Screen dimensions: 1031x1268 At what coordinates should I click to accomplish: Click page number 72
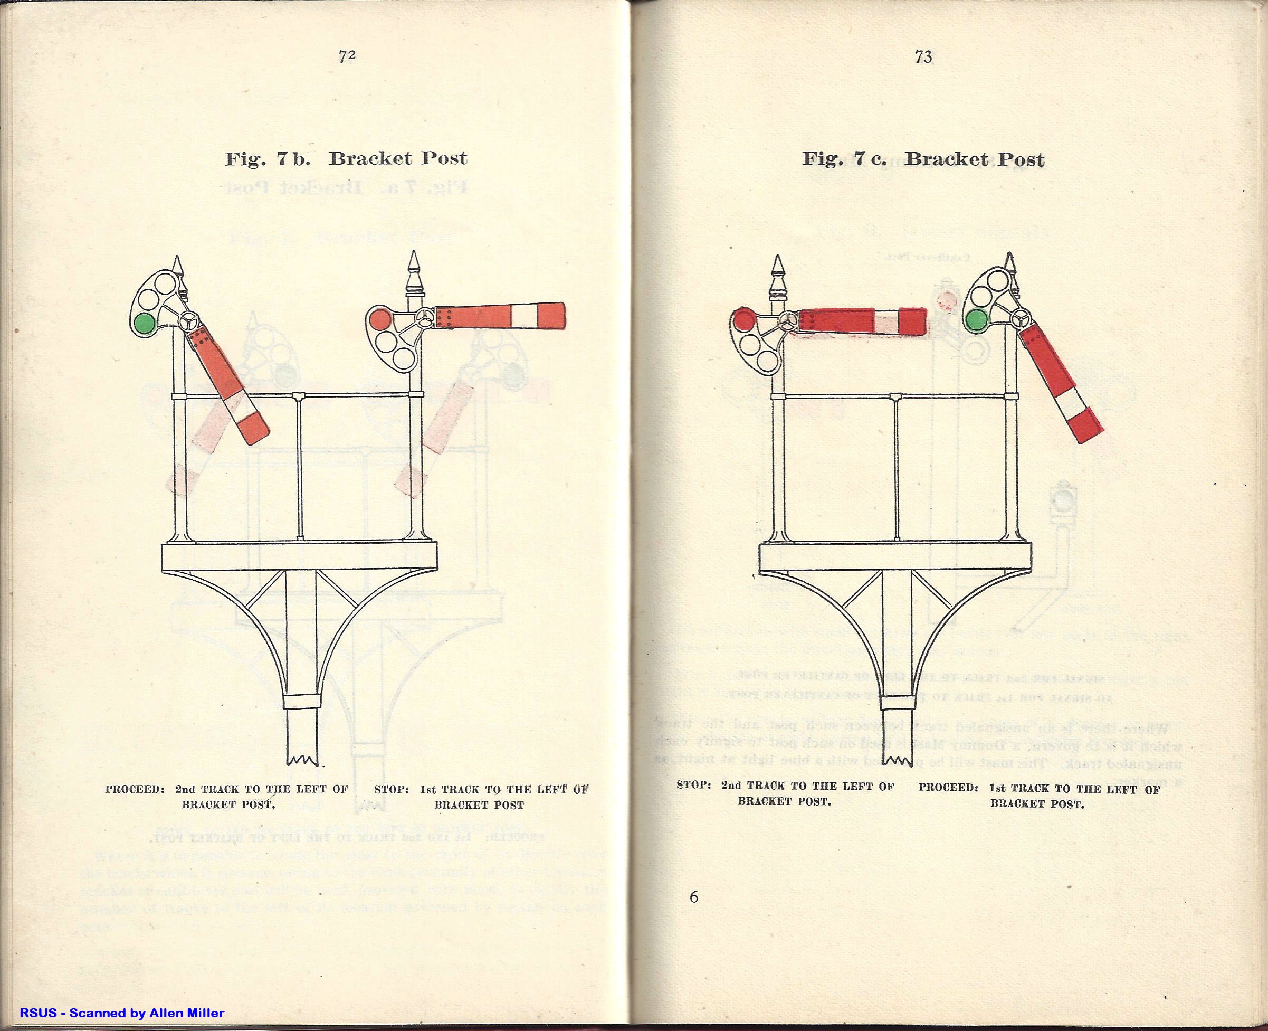[347, 57]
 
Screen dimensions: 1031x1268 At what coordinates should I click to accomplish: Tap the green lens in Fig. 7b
[144, 324]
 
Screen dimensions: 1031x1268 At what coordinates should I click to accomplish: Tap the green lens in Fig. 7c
[975, 321]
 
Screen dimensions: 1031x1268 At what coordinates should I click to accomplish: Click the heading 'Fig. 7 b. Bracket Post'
[346, 158]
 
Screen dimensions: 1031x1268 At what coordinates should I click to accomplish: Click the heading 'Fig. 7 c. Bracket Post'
[923, 159]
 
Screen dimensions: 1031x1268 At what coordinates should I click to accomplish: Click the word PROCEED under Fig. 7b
[134, 790]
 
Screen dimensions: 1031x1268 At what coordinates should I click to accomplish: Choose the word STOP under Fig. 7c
[694, 786]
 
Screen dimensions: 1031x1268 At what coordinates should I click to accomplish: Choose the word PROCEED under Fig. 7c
[948, 788]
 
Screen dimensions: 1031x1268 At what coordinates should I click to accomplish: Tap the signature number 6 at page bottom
[694, 897]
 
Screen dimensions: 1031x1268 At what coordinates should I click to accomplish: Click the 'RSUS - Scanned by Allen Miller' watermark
[122, 1013]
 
